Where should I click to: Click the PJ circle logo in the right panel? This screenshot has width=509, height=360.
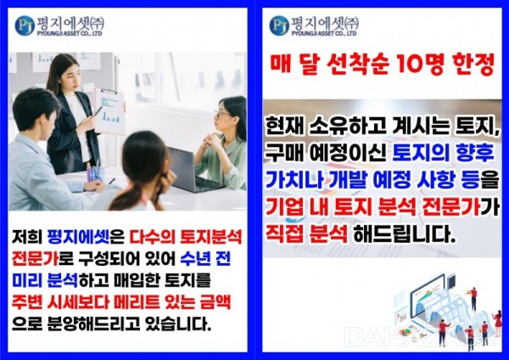tap(279, 25)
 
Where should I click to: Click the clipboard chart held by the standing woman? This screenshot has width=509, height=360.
tap(109, 111)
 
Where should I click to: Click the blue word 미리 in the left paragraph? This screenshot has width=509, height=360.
tap(27, 280)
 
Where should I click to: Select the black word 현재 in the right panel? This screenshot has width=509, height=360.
tap(282, 127)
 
